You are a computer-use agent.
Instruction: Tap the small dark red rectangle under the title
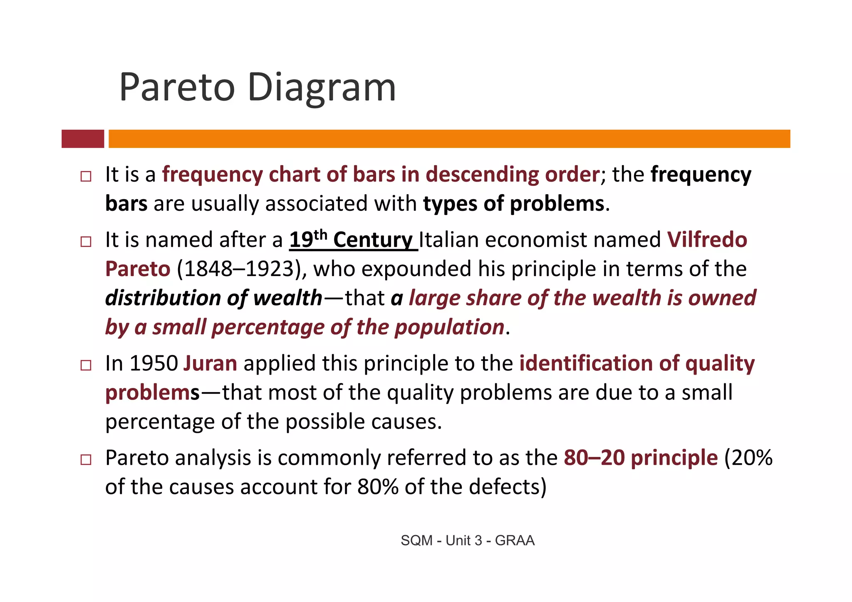coord(83,139)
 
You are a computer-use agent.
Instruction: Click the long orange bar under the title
coord(449,139)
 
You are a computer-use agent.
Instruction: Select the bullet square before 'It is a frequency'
coord(86,176)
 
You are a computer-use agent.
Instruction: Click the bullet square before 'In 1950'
coord(86,365)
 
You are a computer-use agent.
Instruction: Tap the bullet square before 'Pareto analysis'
coord(86,460)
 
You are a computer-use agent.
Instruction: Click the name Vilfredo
coord(707,240)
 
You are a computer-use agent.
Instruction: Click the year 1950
coord(154,363)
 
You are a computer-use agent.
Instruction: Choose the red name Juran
coord(210,363)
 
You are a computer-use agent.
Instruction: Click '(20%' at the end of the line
coord(748,458)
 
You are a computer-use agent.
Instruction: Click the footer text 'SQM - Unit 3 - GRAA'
coord(468,540)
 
